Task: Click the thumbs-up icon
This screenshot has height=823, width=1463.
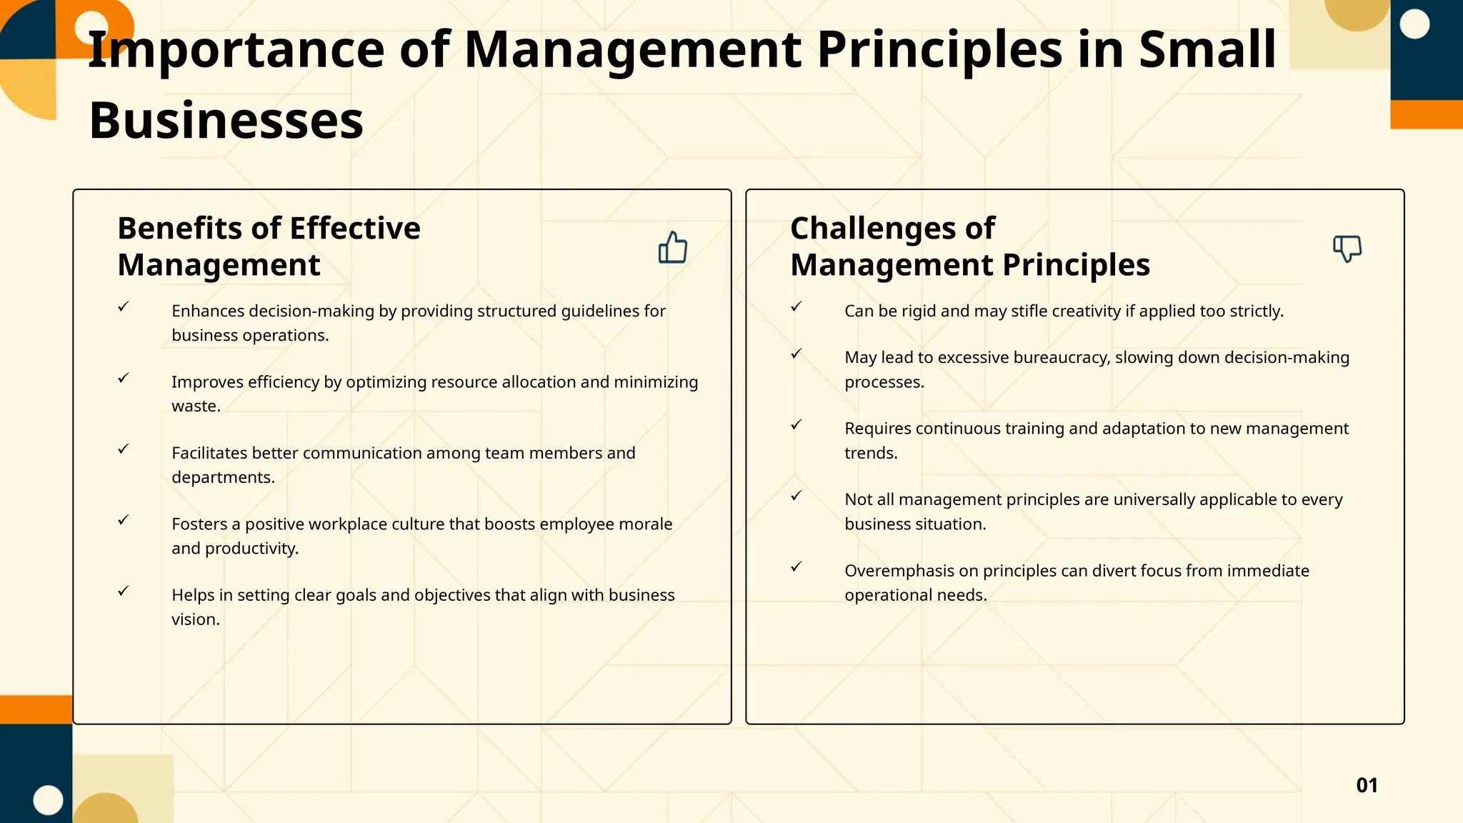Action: [x=672, y=247]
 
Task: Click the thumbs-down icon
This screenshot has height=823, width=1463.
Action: [x=1347, y=249]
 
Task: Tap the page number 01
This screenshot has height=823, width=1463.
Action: [x=1367, y=785]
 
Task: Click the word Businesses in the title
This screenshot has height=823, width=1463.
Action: [x=226, y=120]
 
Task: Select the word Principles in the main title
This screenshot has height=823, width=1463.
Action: [x=939, y=49]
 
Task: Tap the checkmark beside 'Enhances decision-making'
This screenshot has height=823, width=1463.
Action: [x=124, y=306]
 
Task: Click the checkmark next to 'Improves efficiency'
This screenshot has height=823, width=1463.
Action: [x=124, y=378]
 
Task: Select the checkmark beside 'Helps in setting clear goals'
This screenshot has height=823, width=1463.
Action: [x=124, y=591]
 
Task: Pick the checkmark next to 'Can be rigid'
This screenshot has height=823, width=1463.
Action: [x=797, y=306]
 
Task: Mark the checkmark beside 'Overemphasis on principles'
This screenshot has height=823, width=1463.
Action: [x=797, y=567]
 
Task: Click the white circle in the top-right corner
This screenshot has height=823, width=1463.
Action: [x=1414, y=24]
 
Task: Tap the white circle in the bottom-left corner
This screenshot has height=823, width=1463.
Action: [x=49, y=800]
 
